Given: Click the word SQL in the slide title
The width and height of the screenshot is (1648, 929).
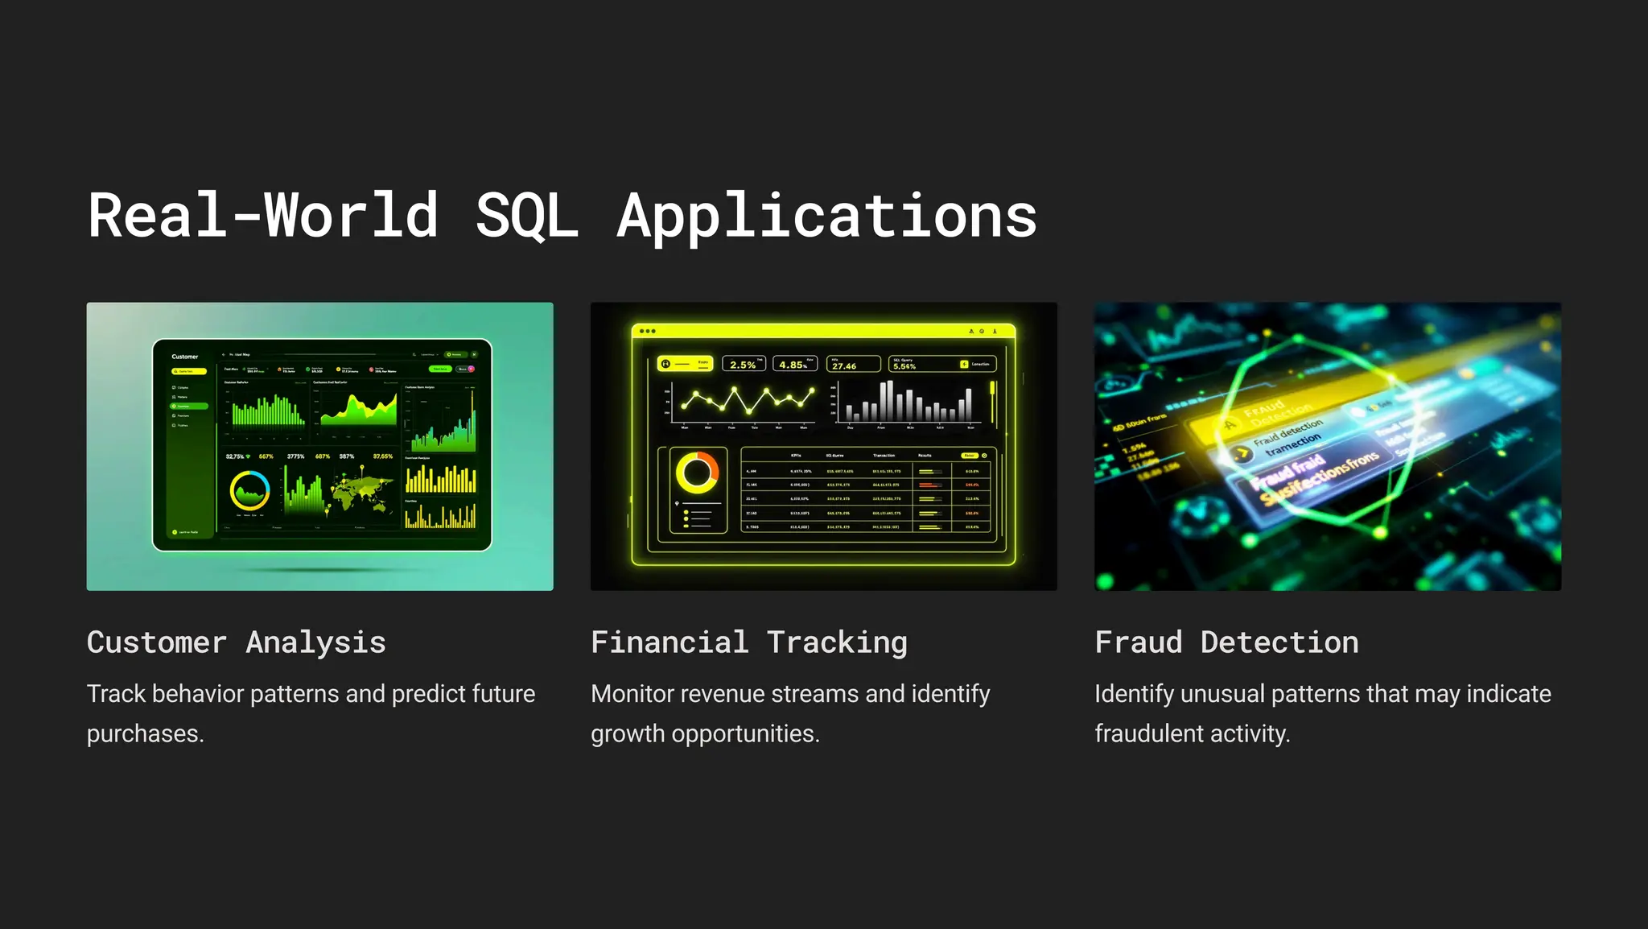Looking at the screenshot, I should (x=527, y=216).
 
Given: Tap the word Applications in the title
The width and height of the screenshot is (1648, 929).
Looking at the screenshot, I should (x=826, y=216).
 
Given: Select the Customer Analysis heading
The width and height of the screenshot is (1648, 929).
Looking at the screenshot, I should (x=236, y=642).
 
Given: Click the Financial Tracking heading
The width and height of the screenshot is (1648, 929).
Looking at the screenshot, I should (x=748, y=642).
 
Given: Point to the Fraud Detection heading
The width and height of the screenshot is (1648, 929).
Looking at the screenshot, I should (x=1226, y=642).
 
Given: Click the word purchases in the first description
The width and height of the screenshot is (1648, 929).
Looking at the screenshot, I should (x=144, y=733).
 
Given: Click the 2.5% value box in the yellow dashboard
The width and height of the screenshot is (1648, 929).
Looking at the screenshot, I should (x=744, y=364).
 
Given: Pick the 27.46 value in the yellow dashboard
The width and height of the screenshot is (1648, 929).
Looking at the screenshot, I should (x=845, y=365).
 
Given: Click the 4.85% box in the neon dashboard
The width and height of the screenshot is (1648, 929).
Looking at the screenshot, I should (x=794, y=364).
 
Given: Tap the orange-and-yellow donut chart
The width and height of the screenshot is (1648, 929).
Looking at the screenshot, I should (x=697, y=473).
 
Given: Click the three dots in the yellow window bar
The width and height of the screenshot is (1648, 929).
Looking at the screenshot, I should (x=647, y=331).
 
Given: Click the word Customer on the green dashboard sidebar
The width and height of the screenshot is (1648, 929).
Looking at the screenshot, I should (x=184, y=357).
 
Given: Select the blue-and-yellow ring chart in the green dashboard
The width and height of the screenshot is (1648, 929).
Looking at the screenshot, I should (x=249, y=489).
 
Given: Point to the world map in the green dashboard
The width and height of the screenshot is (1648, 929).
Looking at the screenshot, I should (x=361, y=492).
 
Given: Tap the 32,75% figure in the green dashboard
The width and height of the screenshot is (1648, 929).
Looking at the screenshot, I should (x=235, y=456).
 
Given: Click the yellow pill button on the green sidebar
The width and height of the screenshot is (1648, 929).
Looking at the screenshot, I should (x=189, y=371).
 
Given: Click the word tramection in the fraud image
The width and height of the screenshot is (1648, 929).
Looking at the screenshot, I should (x=1292, y=445).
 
